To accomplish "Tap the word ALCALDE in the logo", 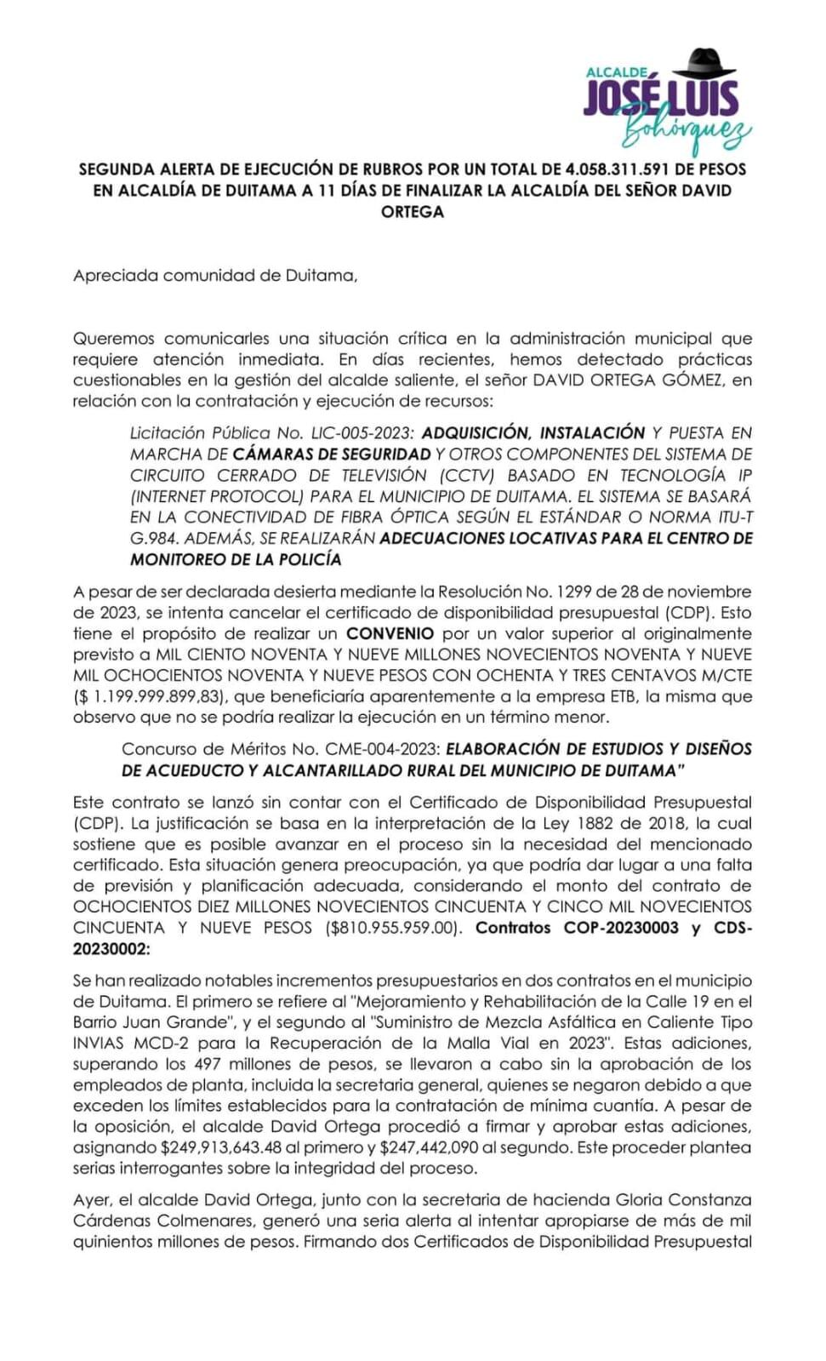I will pos(617,74).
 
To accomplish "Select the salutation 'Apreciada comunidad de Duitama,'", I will pos(215,276).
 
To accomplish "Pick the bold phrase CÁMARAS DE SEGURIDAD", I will pos(332,455).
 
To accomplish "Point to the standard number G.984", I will pos(154,538).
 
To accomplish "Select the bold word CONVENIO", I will pos(390,633).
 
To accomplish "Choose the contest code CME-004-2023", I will pos(382,749).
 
